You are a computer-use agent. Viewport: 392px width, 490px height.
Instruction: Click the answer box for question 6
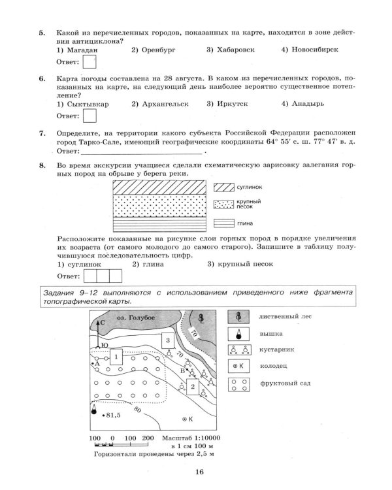[90, 115]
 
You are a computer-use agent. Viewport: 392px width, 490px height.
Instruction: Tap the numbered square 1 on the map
[115, 357]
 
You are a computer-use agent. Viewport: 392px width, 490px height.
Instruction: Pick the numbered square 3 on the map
[167, 340]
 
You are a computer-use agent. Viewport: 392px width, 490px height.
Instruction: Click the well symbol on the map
[186, 418]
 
